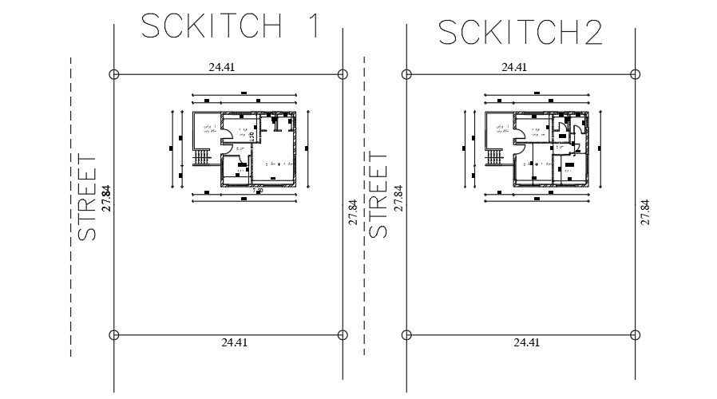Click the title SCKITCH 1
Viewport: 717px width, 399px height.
230,26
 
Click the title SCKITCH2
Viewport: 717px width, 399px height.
520,33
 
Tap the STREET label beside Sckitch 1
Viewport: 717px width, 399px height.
88,197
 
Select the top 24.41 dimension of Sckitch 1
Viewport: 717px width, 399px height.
221,68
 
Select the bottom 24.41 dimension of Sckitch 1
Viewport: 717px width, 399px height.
234,342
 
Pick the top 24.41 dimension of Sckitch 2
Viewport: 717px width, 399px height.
514,68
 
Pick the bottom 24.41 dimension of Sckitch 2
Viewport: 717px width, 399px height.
527,342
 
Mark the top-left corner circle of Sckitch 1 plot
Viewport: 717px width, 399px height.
113,74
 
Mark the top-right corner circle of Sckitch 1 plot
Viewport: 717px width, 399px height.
343,74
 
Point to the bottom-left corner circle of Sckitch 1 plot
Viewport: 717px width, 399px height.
113,334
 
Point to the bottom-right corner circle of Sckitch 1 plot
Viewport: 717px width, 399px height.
343,334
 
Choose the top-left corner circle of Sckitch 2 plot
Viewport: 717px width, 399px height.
406,74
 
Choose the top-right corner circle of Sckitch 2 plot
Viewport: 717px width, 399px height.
636,74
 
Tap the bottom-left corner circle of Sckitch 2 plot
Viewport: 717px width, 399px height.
406,334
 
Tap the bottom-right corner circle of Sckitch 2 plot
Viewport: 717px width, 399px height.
636,334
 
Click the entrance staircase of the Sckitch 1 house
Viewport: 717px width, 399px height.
201,158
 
